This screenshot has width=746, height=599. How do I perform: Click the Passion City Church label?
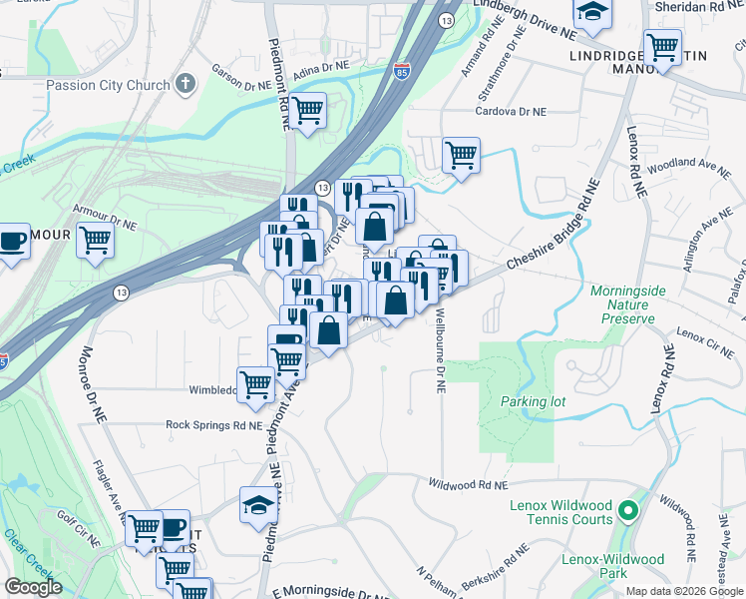pyautogui.click(x=108, y=86)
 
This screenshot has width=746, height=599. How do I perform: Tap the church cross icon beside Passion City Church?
pyautogui.click(x=185, y=85)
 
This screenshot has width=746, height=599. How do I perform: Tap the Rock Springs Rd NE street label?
pyautogui.click(x=212, y=424)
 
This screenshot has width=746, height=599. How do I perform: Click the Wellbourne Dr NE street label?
pyautogui.click(x=440, y=350)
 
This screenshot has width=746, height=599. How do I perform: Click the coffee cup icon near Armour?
pyautogui.click(x=12, y=241)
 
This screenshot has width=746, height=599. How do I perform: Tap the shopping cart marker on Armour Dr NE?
pyautogui.click(x=95, y=240)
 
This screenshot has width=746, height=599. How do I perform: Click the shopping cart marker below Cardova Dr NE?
pyautogui.click(x=461, y=155)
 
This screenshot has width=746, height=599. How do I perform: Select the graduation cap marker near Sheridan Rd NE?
pyautogui.click(x=592, y=12)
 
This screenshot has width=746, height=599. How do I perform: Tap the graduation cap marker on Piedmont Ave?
pyautogui.click(x=258, y=504)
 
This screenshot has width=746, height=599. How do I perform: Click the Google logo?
pyautogui.click(x=32, y=587)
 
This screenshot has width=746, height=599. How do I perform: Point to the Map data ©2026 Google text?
pyautogui.click(x=685, y=591)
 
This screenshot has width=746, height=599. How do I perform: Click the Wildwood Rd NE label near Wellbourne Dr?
pyautogui.click(x=468, y=484)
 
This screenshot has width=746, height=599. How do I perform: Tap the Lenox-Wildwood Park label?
pyautogui.click(x=611, y=566)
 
